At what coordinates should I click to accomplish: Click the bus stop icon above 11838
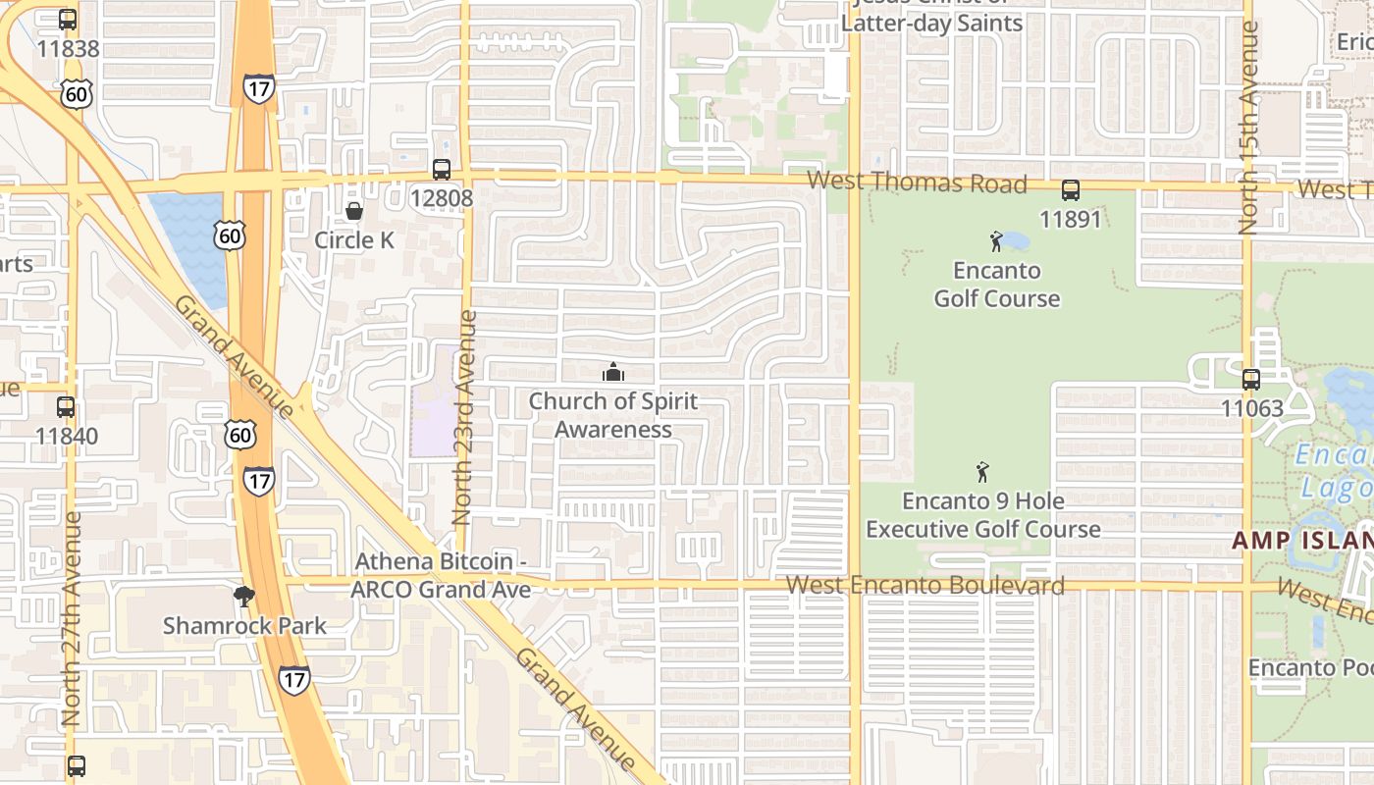(68, 20)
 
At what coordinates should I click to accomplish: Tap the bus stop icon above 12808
(442, 169)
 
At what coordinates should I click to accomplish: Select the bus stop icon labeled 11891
(1071, 190)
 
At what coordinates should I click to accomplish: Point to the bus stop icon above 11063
(1251, 380)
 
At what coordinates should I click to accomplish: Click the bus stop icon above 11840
(66, 406)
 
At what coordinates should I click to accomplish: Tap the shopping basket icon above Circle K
(354, 211)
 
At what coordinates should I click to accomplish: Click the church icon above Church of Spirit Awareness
(613, 372)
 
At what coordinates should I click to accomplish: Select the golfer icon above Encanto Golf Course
(997, 241)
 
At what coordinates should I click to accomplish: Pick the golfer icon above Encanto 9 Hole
(982, 472)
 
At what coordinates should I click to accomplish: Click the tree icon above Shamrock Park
(244, 596)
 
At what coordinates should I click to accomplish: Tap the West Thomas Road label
(917, 183)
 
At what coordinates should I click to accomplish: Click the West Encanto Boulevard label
(925, 586)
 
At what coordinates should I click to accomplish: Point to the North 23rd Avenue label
(464, 417)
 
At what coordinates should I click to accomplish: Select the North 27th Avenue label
(72, 618)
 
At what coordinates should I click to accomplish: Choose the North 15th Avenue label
(1248, 128)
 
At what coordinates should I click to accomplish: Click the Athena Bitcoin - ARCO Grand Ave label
(441, 575)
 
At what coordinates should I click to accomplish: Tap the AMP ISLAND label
(1301, 541)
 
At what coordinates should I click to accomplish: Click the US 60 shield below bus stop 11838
(76, 93)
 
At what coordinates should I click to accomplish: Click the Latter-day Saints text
(931, 23)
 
